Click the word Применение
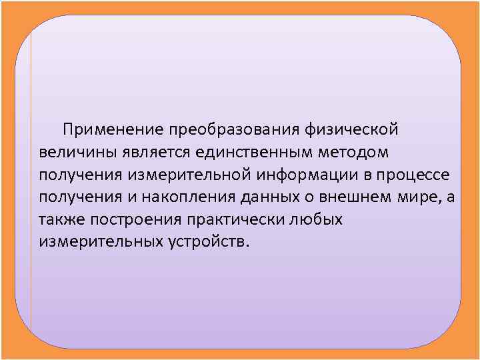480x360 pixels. coord(114,128)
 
